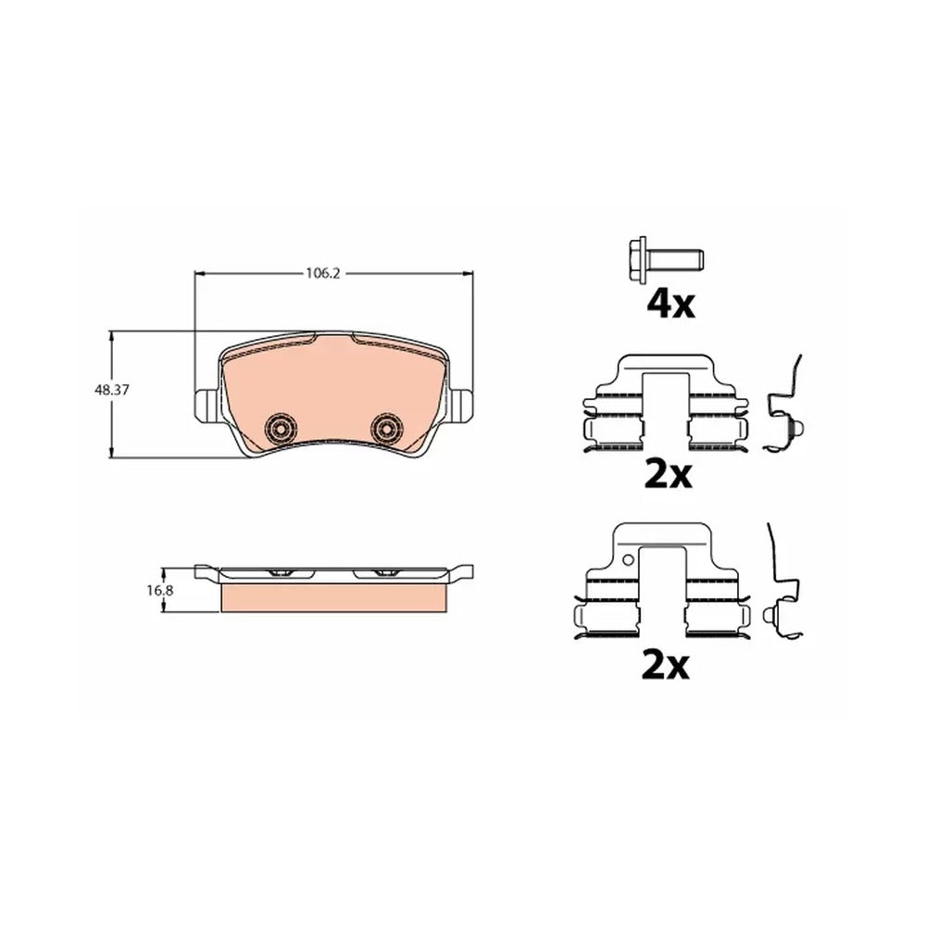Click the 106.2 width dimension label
(322, 273)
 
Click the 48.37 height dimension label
(111, 390)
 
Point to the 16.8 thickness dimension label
(159, 590)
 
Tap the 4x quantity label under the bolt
(670, 304)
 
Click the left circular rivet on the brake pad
(281, 427)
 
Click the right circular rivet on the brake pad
(387, 427)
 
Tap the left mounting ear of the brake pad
(207, 407)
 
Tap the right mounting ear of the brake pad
(460, 407)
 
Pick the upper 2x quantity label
(668, 475)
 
